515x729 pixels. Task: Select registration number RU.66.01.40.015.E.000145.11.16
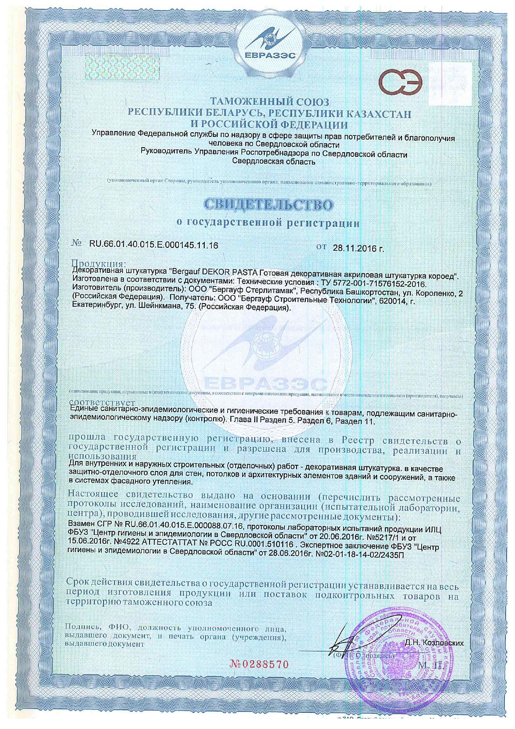click(154, 245)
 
